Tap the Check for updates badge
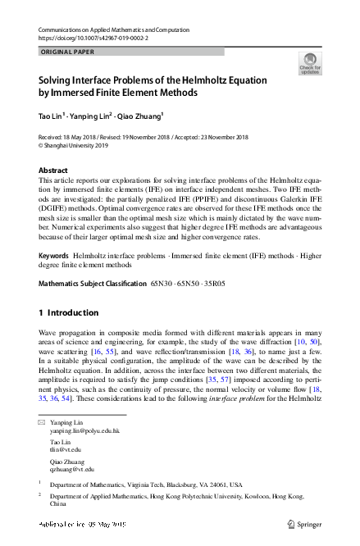pyautogui.click(x=310, y=63)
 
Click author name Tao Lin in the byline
pyautogui.click(x=53, y=116)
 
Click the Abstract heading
pyautogui.click(x=55, y=171)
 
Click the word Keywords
pyautogui.click(x=54, y=256)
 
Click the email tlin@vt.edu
pyautogui.click(x=66, y=450)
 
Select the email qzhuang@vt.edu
pyautogui.click(x=72, y=470)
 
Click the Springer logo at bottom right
pyautogui.click(x=305, y=522)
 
